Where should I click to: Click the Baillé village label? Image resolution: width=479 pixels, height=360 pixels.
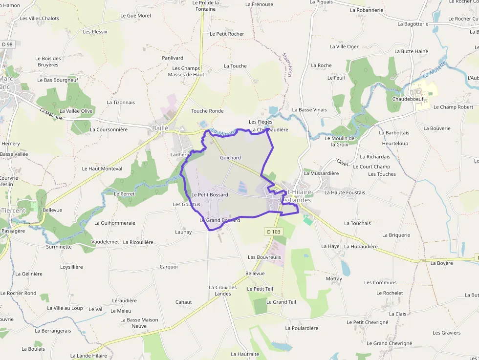click(160, 128)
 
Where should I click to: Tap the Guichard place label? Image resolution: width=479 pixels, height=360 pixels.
click(230, 158)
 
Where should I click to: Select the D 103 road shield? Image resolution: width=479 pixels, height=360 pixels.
click(274, 231)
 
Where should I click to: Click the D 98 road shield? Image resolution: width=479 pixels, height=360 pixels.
click(7, 44)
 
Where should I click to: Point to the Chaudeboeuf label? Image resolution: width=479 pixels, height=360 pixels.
click(407, 99)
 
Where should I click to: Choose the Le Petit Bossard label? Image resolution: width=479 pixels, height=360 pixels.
click(210, 195)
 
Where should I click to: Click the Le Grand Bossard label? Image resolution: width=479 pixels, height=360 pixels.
click(220, 220)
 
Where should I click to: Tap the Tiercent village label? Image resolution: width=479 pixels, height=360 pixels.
click(13, 211)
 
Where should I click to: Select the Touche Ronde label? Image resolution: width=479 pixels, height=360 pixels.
click(207, 111)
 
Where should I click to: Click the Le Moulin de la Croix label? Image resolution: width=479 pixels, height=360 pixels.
click(340, 141)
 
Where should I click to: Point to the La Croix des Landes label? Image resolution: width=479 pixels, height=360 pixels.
click(223, 291)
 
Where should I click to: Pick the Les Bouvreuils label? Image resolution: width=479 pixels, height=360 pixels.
click(264, 257)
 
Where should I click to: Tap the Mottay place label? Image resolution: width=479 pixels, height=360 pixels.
click(334, 278)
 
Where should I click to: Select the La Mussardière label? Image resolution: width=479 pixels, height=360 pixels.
click(321, 173)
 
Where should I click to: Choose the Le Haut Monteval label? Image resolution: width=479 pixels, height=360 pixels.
click(102, 169)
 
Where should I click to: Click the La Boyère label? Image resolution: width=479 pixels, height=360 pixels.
click(441, 263)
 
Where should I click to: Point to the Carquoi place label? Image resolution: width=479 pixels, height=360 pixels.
click(169, 267)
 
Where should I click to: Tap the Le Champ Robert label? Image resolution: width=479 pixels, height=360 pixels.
click(453, 107)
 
